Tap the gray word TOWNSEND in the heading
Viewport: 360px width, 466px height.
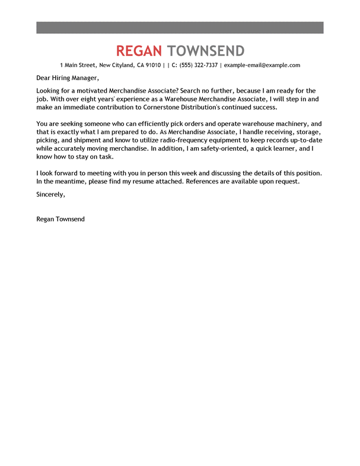[206, 50]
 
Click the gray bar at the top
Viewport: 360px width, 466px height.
[180, 27]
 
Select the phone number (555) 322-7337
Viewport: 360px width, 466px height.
[199, 65]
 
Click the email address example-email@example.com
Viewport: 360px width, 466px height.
[262, 65]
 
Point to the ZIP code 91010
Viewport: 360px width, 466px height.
[152, 65]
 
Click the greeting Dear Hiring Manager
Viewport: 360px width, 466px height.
[65, 78]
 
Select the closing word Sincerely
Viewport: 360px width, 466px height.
[50, 194]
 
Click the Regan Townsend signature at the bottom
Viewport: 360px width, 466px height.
[60, 219]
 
